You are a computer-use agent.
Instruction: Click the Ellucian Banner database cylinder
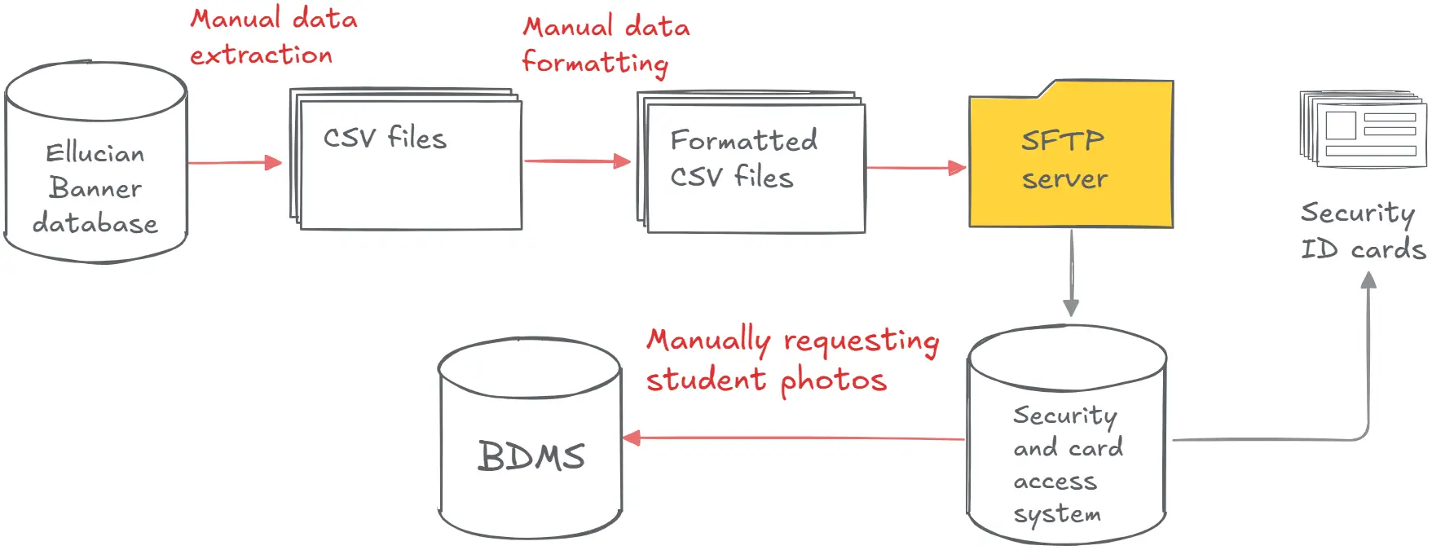point(96,163)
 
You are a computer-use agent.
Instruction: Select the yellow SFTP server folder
point(1070,159)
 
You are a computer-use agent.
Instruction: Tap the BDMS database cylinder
point(531,440)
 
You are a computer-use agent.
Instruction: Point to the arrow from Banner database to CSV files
point(235,163)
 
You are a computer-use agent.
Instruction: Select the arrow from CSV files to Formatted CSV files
point(577,161)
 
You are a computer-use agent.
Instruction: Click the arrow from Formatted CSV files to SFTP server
point(915,168)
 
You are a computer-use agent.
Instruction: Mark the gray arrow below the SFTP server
point(1071,273)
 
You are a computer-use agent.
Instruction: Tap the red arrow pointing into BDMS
point(791,438)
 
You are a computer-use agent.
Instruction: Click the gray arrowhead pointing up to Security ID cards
point(1368,282)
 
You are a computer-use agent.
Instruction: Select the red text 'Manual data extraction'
point(273,37)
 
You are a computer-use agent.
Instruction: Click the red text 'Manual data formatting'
point(606,45)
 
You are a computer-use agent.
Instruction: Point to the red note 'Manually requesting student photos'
point(792,360)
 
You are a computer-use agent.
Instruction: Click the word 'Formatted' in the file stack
point(743,140)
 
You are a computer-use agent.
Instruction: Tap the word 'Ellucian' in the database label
point(95,153)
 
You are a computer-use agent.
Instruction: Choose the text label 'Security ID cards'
point(1362,231)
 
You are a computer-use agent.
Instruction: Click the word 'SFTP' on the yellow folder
point(1062,140)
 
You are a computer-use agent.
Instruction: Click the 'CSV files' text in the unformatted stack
point(385,138)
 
